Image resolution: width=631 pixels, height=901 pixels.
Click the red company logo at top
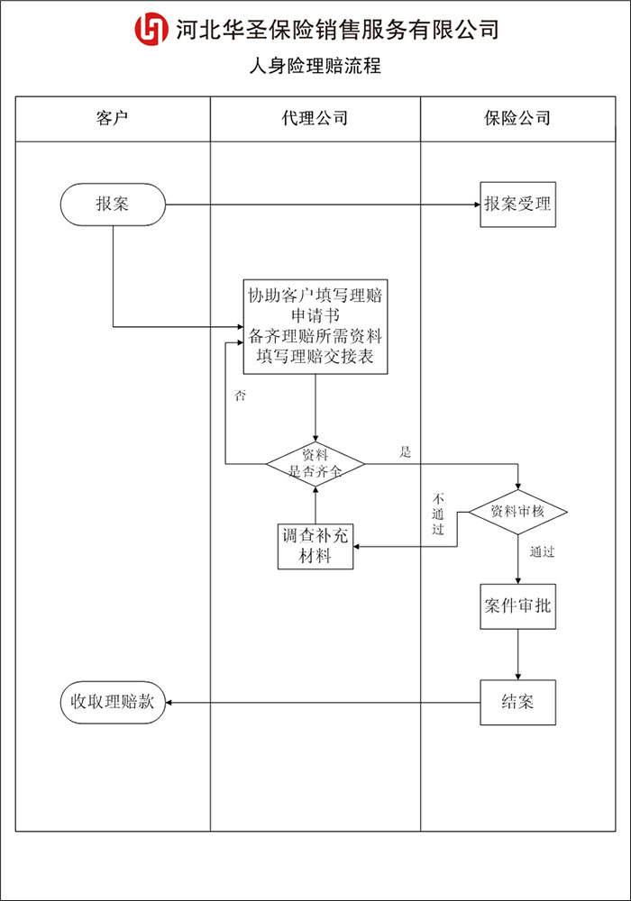tap(151, 30)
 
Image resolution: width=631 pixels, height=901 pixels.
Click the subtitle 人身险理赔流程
tap(315, 66)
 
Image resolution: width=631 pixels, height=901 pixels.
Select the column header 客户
tap(113, 118)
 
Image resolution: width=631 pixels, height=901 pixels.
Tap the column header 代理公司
tap(315, 118)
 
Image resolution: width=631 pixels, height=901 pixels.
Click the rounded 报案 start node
tap(113, 205)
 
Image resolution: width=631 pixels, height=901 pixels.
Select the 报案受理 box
tap(517, 205)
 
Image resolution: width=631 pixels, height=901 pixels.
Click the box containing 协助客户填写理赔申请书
tap(315, 326)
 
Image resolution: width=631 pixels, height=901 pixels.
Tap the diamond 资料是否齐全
tap(315, 465)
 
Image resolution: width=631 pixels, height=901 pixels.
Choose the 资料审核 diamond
tap(517, 512)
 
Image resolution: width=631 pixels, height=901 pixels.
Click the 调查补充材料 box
tap(315, 546)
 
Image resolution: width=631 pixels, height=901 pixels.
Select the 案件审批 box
tap(517, 605)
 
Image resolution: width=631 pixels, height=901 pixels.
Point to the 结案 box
tap(517, 701)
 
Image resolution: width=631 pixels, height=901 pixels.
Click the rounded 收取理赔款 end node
tap(113, 702)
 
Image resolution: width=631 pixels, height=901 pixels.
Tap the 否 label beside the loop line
tap(240, 396)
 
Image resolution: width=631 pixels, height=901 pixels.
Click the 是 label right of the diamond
tap(405, 451)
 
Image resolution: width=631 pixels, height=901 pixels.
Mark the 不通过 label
tap(439, 514)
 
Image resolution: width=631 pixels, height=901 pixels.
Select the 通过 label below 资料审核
tap(543, 551)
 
